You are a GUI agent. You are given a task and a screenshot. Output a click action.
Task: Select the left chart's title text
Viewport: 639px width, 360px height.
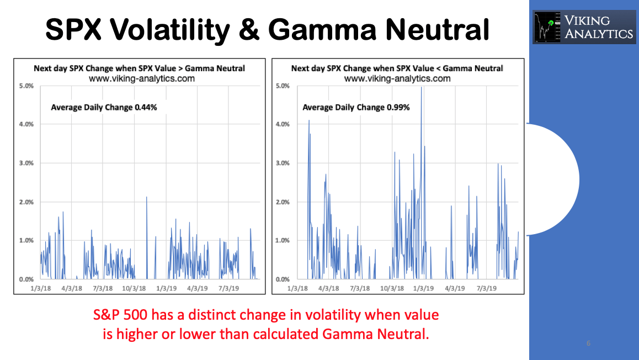(139, 68)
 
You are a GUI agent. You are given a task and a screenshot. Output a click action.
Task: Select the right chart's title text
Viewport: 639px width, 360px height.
(397, 68)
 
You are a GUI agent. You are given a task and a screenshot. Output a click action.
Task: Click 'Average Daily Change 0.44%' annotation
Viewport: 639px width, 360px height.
(104, 107)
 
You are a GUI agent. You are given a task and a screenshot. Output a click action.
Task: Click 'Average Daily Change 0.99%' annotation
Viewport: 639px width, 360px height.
(356, 107)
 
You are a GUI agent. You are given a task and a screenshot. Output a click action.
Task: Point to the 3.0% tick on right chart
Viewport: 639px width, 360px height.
(282, 163)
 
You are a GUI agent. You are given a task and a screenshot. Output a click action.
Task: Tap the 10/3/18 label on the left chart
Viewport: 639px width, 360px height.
(134, 288)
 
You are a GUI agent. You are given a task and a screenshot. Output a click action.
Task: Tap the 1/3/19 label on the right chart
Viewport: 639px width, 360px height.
(423, 288)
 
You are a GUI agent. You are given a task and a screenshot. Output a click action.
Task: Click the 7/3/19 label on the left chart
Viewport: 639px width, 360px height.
(228, 288)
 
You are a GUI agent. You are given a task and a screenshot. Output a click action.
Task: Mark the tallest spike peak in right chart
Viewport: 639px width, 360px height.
(422, 87)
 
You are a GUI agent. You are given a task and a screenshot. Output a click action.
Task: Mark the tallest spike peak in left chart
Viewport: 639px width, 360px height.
(146, 197)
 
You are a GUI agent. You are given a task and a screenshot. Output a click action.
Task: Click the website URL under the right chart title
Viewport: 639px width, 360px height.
(397, 78)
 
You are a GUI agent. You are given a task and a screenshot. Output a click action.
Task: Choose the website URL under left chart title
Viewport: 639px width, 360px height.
(139, 78)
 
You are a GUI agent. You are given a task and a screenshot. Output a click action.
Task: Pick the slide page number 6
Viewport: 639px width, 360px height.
(588, 343)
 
